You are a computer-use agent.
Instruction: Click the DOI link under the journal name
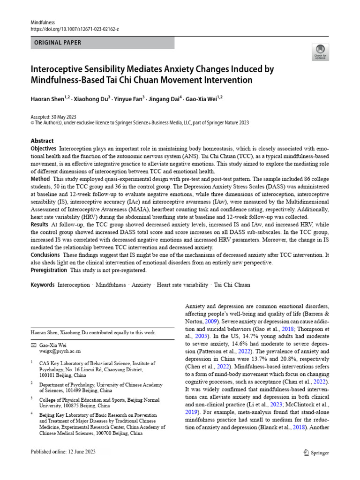pos(75,29)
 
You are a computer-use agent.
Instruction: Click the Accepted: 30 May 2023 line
pos(53,117)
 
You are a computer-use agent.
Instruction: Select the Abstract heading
pos(42,141)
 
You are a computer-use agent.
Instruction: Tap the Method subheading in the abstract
pos(40,179)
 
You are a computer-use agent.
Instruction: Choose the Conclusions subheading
pos(45,255)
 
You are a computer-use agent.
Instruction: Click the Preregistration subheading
pos(49,270)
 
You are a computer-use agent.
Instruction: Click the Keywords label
pos(43,285)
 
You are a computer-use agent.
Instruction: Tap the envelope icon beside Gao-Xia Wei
pos(33,345)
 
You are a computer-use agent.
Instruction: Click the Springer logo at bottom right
pos(316,453)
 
